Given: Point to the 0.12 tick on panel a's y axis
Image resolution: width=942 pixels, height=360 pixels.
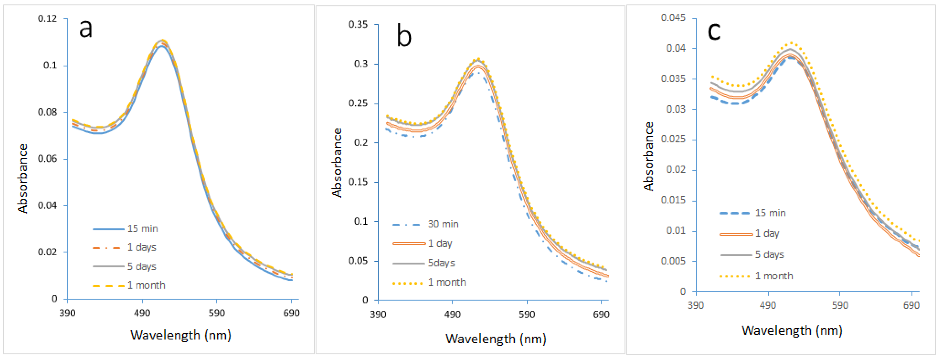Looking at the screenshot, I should tap(47, 18).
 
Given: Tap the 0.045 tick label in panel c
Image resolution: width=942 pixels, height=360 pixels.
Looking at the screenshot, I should tap(673, 18).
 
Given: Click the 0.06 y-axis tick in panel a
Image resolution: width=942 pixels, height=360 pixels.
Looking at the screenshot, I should tap(47, 159).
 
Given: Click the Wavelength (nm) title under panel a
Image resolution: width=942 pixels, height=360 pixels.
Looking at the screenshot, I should tap(181, 335).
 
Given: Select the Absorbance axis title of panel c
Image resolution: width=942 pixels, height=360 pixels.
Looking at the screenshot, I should tap(648, 157).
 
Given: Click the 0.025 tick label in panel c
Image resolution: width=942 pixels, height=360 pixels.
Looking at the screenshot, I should tap(673, 139).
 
